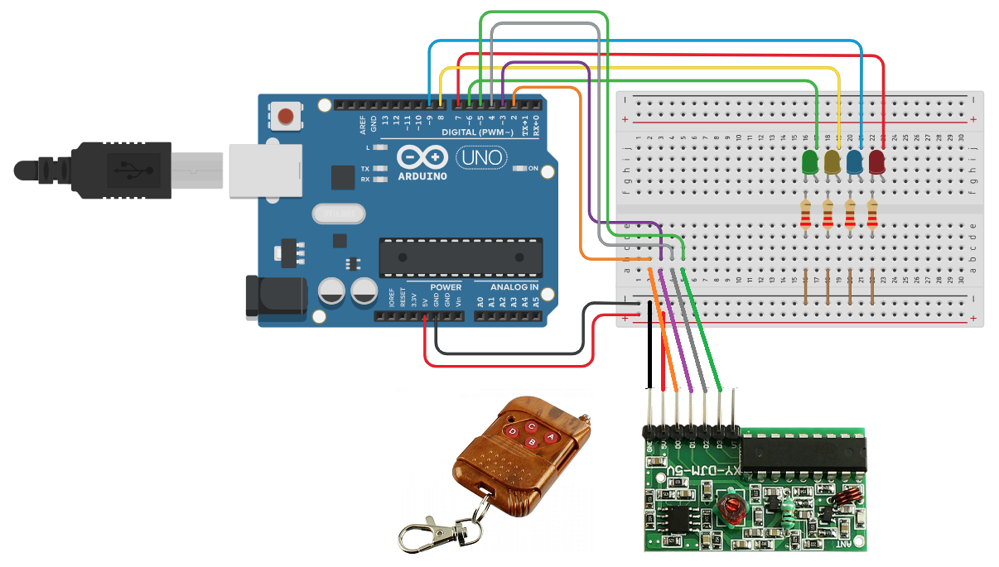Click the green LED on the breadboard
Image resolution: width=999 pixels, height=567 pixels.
point(810,162)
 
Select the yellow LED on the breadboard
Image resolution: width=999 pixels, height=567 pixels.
point(832,162)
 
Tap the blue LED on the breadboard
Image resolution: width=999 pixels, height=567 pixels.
point(855,162)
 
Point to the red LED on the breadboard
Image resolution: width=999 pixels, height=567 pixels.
point(877,162)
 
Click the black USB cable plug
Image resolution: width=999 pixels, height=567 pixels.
point(116,170)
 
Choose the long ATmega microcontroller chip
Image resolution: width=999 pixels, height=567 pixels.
point(461,257)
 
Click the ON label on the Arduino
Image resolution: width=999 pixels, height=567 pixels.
point(533,169)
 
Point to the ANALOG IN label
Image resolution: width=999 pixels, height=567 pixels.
point(514,287)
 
